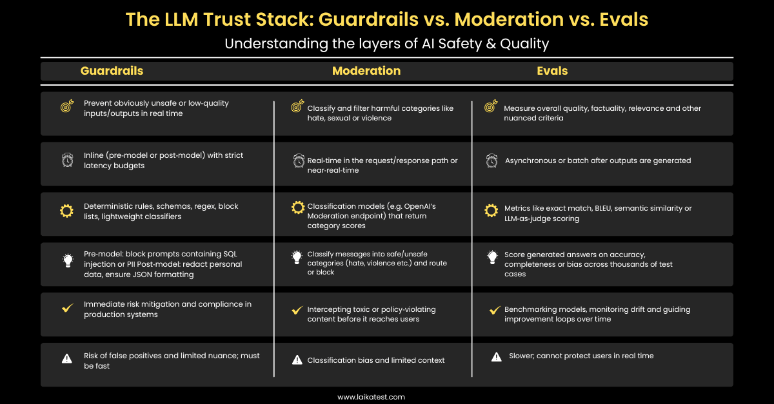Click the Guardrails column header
coord(112,71)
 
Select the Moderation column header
coord(366,71)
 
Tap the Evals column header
coord(552,71)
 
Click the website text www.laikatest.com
coord(371,397)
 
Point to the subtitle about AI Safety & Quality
coord(386,44)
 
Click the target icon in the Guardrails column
coord(66,107)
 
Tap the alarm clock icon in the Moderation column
coord(298,160)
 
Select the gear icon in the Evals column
coord(491,210)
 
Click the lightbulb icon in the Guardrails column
coord(67,261)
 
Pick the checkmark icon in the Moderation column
coord(297,310)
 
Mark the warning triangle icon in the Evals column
coord(496,356)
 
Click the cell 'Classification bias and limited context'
coord(375,360)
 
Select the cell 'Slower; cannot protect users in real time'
coord(579,356)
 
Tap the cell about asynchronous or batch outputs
coord(597,160)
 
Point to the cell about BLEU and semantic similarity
coord(597,213)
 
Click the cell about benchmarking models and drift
coord(597,314)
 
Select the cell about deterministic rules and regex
coord(161,211)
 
